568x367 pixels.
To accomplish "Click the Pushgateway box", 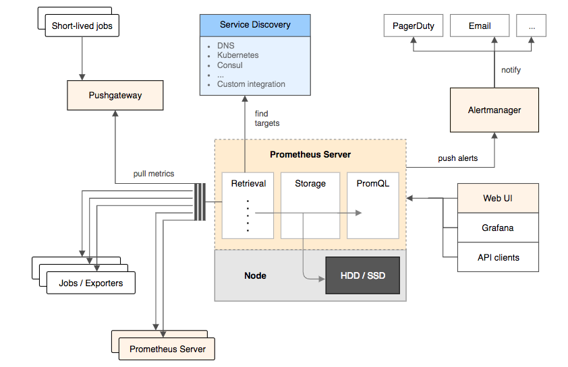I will pos(115,95).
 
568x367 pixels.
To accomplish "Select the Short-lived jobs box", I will pos(82,27).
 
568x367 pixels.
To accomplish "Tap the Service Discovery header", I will pos(255,25).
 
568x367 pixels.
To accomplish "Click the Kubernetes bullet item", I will pos(237,55).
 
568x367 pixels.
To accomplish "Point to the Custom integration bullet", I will pos(251,84).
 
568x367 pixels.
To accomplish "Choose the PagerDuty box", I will pos(414,26).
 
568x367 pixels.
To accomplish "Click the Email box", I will pos(480,26).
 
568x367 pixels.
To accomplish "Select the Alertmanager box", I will pos(494,110).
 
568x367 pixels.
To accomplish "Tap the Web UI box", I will pos(498,198).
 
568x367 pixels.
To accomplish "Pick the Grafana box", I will pos(498,228).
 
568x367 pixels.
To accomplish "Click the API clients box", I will pos(498,257).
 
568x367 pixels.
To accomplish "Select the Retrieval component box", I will pos(248,205).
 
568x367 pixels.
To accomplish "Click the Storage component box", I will pos(310,205).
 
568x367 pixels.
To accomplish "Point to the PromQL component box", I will pos(373,205).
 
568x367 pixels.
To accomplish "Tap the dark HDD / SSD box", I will pos(362,275).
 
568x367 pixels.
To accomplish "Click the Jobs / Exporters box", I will pos(91,283).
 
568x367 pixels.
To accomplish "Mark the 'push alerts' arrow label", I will pos(457,158).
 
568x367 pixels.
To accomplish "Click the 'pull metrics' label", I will pos(154,174).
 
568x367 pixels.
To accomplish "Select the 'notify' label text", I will pos(511,70).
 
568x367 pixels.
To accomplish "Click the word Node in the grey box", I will pos(255,275).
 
